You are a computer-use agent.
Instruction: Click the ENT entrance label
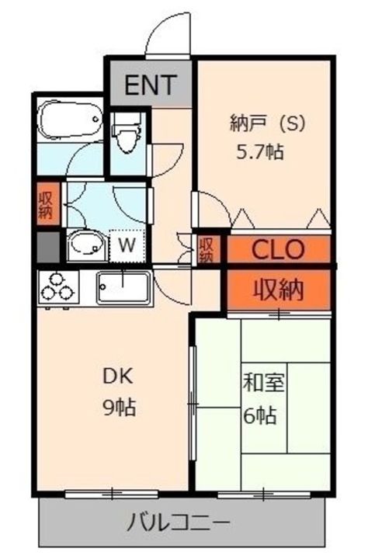tap(151, 85)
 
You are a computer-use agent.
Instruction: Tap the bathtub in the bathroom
tap(70, 120)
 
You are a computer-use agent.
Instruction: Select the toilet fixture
tap(125, 133)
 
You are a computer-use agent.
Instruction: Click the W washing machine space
tap(127, 245)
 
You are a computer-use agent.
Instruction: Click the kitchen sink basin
tap(123, 287)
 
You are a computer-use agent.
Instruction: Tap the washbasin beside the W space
tap(87, 245)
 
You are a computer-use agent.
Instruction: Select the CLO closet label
tap(278, 249)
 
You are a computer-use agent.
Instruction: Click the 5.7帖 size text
tap(260, 153)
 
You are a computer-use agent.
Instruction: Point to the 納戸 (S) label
tap(268, 124)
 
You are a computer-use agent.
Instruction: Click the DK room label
tap(118, 377)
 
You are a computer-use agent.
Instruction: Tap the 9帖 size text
tap(120, 408)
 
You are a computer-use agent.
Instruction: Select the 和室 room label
tap(263, 384)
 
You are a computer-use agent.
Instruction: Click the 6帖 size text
tap(260, 415)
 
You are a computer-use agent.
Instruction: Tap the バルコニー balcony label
tap(179, 523)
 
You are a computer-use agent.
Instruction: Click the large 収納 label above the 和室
tap(279, 289)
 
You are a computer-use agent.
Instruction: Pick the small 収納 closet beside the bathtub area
tap(48, 204)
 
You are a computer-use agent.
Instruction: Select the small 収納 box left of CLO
tap(206, 249)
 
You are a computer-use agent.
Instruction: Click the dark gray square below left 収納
tap(48, 247)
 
